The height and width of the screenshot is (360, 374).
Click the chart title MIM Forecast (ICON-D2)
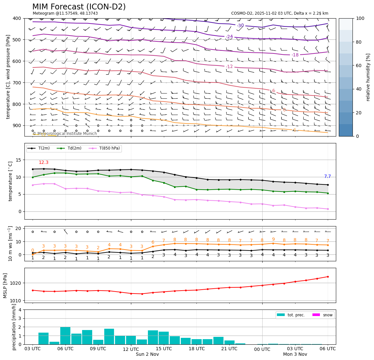pos(79,7)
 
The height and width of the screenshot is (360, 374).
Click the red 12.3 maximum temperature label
pos(43,163)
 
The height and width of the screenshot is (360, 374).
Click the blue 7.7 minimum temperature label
pos(327,177)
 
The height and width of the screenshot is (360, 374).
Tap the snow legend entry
pos(323,315)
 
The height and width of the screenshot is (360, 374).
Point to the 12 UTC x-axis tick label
pos(131,349)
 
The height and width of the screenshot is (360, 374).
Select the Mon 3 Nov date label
pos(295,354)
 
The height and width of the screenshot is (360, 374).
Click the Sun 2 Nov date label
pos(147,354)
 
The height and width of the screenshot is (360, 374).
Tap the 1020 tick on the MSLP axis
pos(17,283)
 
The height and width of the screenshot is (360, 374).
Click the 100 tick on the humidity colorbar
pos(360,18)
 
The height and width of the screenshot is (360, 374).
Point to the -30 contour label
pos(240,26)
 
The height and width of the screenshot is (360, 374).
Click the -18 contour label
pos(295,55)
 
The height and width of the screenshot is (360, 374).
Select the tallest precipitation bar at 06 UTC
pos(65,336)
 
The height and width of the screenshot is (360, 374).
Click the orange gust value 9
pos(273,239)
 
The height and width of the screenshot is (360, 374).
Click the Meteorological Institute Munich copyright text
pos(65,134)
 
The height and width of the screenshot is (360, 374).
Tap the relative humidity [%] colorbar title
pos(368,77)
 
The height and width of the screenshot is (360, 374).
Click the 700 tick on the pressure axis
pos(16,83)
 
